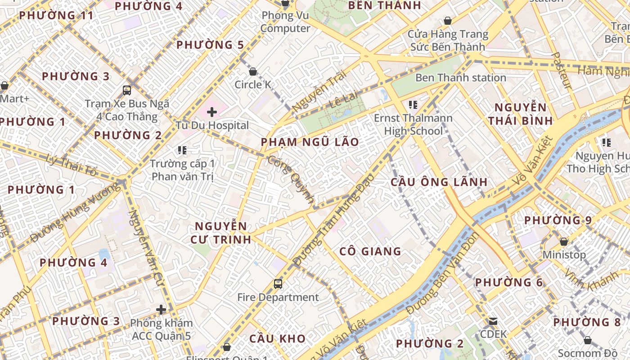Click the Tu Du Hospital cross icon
click(211, 112)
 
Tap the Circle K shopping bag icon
click(253, 72)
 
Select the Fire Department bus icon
click(278, 284)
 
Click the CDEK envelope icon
click(493, 321)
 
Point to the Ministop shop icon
click(564, 242)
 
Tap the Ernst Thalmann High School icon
click(413, 105)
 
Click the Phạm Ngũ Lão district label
click(310, 143)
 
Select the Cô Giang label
click(370, 251)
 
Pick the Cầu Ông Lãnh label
click(439, 182)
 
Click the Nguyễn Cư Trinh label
click(220, 233)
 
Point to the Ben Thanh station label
click(460, 77)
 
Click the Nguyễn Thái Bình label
click(520, 114)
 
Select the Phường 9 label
click(558, 220)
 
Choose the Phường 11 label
click(56, 15)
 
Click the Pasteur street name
click(561, 70)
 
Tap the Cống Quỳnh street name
click(290, 179)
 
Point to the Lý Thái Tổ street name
click(72, 165)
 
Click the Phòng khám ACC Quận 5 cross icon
click(161, 310)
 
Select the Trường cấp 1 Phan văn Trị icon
click(182, 150)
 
